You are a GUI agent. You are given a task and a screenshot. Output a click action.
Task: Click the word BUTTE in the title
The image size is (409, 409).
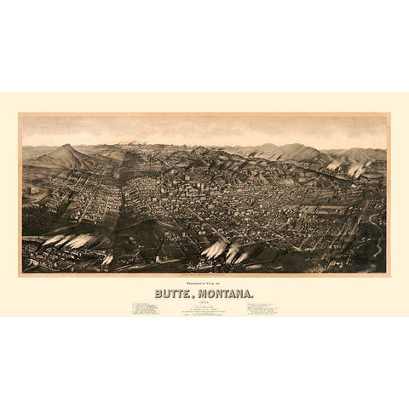point(173,292)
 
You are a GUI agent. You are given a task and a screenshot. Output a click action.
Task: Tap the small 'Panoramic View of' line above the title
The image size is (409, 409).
point(204,282)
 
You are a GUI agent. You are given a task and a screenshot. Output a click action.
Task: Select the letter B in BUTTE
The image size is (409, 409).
point(158,292)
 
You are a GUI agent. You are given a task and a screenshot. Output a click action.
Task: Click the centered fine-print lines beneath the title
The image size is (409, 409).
point(204,309)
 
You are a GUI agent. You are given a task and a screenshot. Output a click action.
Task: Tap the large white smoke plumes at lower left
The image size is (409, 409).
point(68,240)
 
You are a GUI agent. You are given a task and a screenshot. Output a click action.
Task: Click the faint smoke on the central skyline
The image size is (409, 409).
point(136,143)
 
